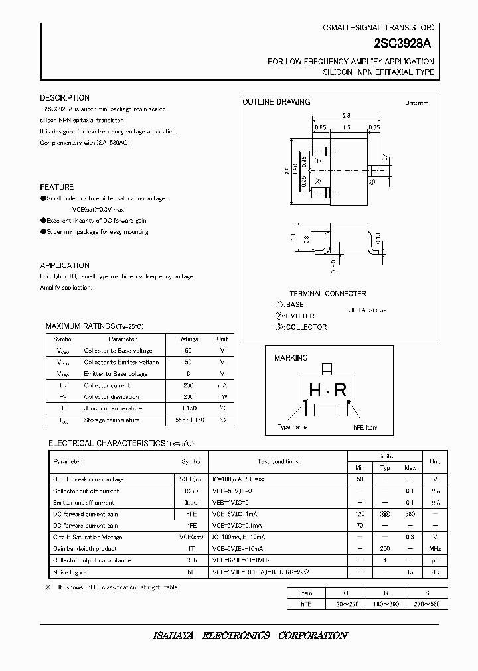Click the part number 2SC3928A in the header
(x=403, y=44)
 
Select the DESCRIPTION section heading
(x=64, y=98)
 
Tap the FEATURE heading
(x=57, y=187)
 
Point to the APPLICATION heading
(x=64, y=265)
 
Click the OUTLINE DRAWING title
(x=276, y=102)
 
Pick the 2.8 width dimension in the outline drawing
(x=347, y=115)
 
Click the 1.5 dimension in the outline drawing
(x=347, y=127)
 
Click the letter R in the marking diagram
(x=340, y=390)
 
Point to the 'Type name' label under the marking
(x=292, y=427)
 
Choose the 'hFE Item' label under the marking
(x=360, y=427)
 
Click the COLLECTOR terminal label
(x=306, y=327)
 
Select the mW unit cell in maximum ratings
(x=222, y=396)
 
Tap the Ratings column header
(x=188, y=339)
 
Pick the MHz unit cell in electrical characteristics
(x=435, y=548)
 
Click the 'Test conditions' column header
(x=278, y=461)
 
